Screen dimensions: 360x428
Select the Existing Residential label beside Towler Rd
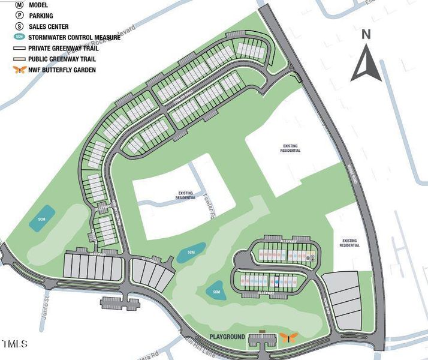(x=185, y=196)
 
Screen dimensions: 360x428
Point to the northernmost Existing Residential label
(x=291, y=148)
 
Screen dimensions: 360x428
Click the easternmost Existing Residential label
(x=349, y=243)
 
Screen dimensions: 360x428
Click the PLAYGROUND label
(x=227, y=337)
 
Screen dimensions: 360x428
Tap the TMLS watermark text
(x=14, y=344)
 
